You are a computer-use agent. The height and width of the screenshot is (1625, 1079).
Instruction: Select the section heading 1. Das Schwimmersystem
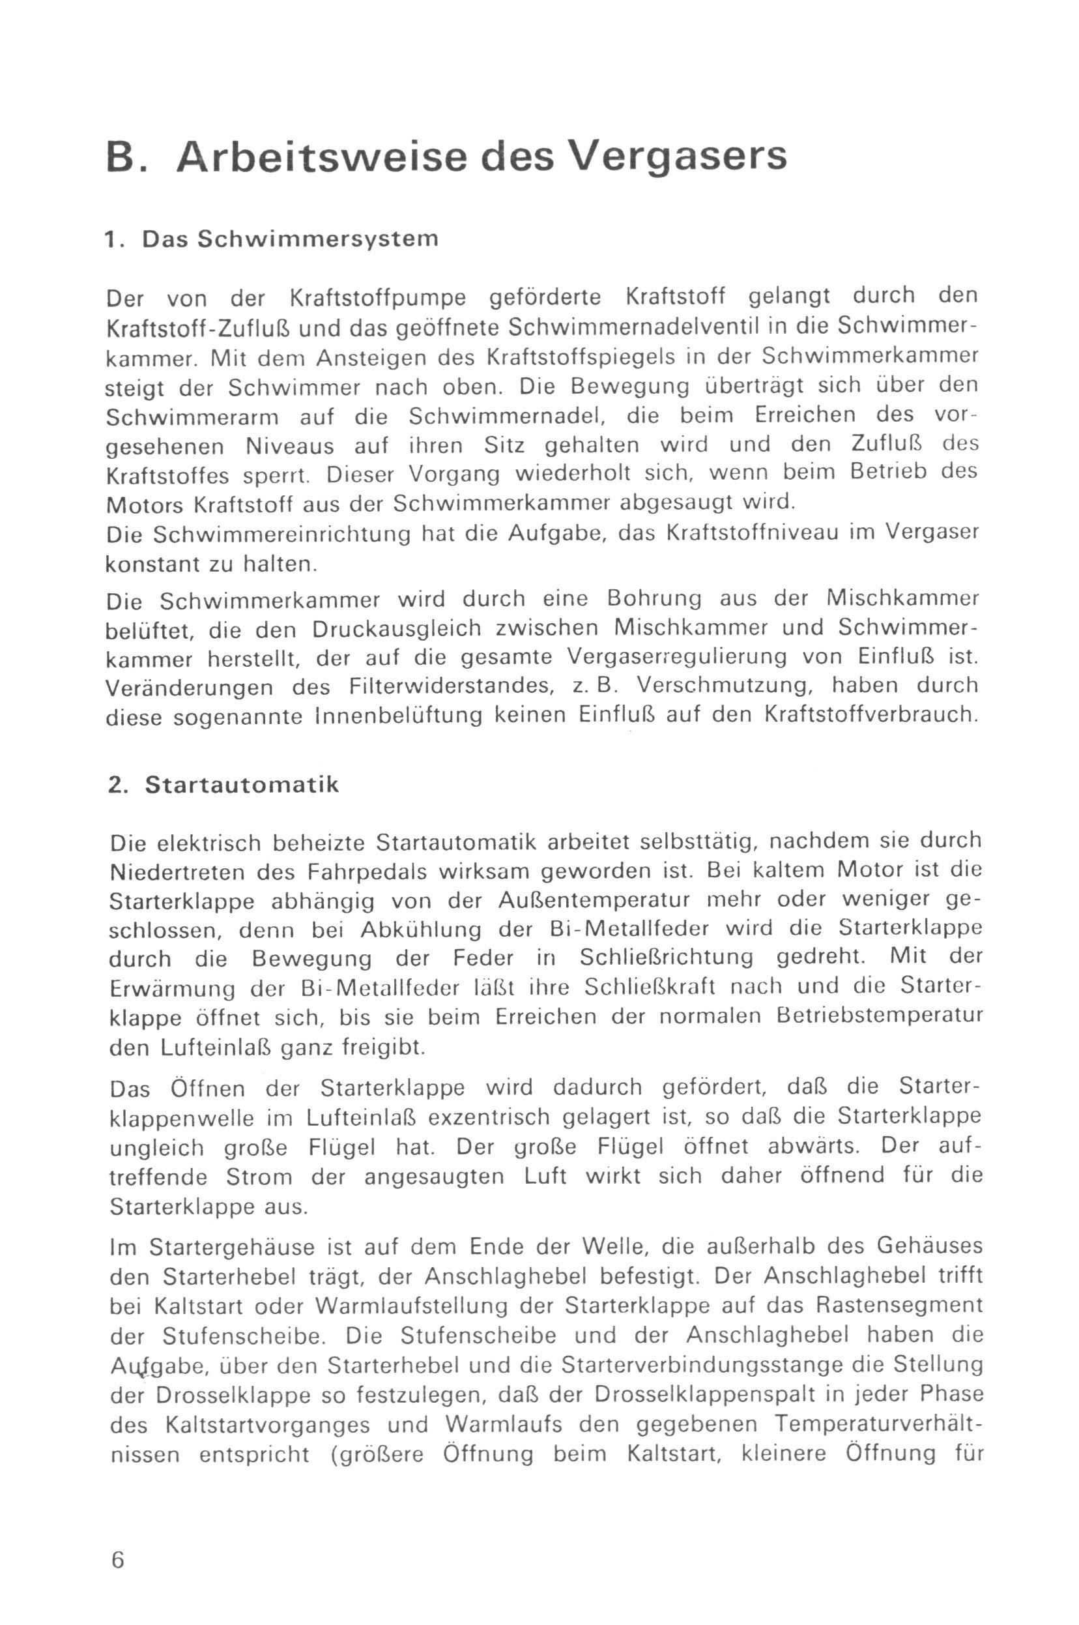271,239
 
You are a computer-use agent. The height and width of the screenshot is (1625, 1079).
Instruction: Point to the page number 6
118,1540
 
